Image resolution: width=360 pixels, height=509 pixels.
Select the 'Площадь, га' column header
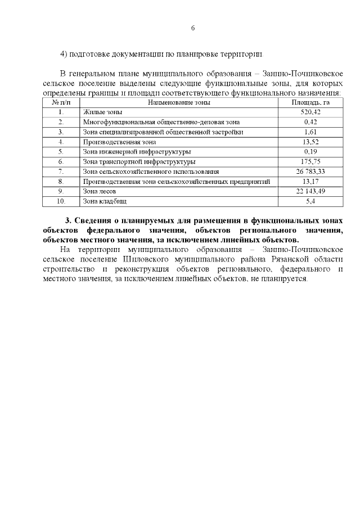(x=310, y=103)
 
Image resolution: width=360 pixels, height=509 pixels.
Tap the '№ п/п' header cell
(x=61, y=103)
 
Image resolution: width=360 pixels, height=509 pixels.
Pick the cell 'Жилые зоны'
(x=98, y=112)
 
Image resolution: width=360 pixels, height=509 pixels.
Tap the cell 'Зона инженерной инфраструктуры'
(x=136, y=152)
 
